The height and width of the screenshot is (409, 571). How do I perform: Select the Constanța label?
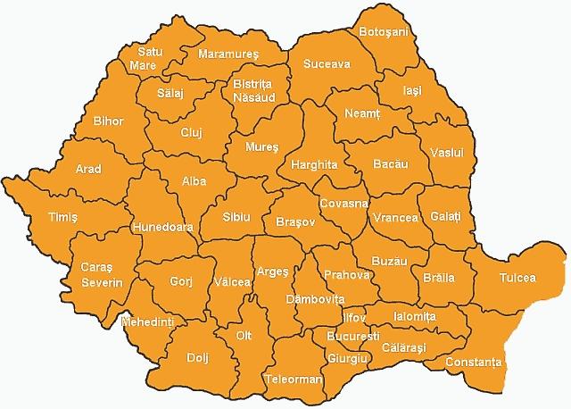(476, 363)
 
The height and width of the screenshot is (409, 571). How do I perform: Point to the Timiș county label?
(63, 217)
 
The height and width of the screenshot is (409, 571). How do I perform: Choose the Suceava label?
(327, 64)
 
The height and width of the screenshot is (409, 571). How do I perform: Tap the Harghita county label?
(313, 165)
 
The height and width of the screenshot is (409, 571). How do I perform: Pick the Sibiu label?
(237, 217)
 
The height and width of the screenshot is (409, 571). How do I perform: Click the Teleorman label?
(294, 380)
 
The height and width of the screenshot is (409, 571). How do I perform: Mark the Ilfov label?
(353, 317)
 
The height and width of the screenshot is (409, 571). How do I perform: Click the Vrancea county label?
(396, 218)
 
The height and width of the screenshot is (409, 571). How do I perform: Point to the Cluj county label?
(192, 133)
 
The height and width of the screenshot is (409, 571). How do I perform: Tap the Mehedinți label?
(149, 320)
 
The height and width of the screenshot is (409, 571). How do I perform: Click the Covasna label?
(343, 203)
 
